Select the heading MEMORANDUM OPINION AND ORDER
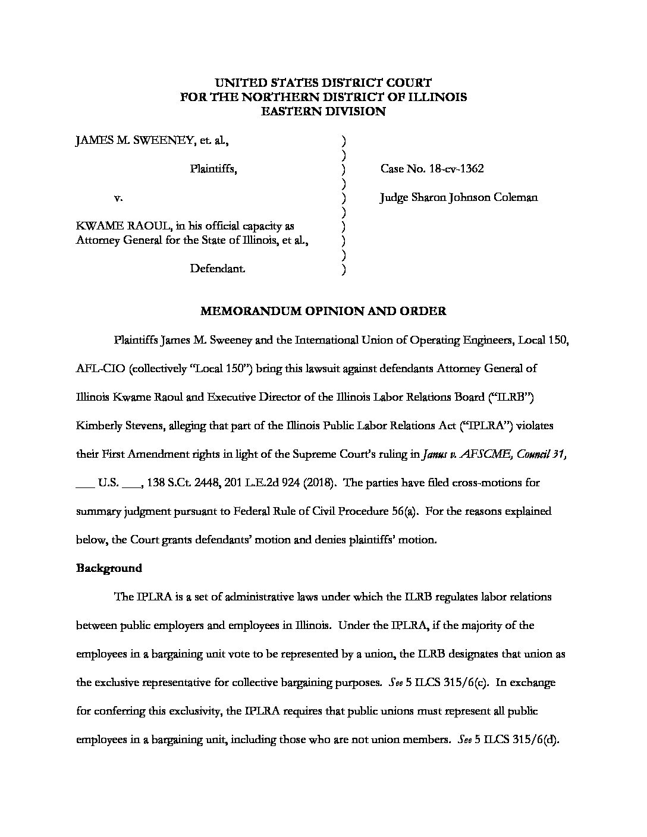323,311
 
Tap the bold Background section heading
109,568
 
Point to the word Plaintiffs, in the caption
213,169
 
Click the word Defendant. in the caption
217,269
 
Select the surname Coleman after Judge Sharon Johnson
516,197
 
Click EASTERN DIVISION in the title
323,111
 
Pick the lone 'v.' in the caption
118,197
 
